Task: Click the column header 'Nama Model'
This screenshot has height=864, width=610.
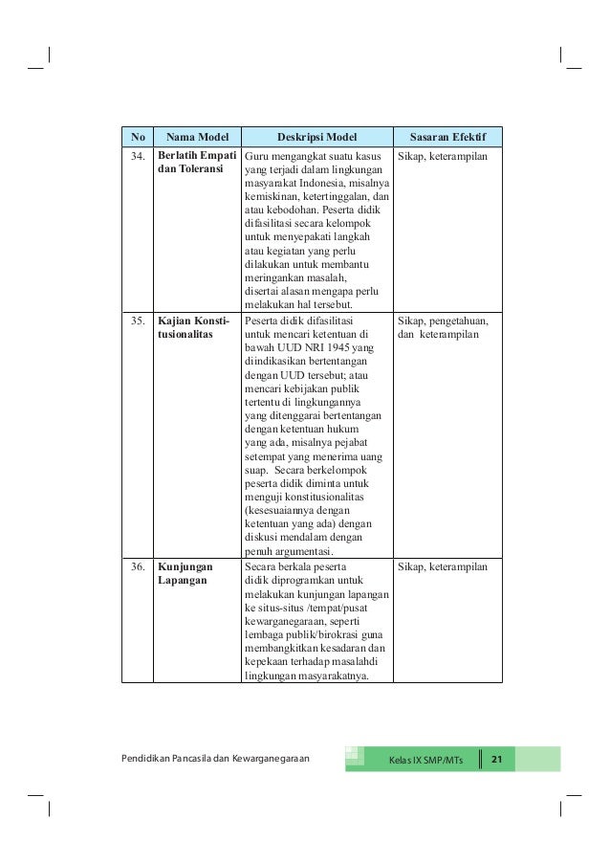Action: [x=196, y=137]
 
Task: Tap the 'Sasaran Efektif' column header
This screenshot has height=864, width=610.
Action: [x=447, y=137]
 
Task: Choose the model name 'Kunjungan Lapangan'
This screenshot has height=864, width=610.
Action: [x=185, y=575]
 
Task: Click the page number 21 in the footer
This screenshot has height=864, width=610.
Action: [x=496, y=760]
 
